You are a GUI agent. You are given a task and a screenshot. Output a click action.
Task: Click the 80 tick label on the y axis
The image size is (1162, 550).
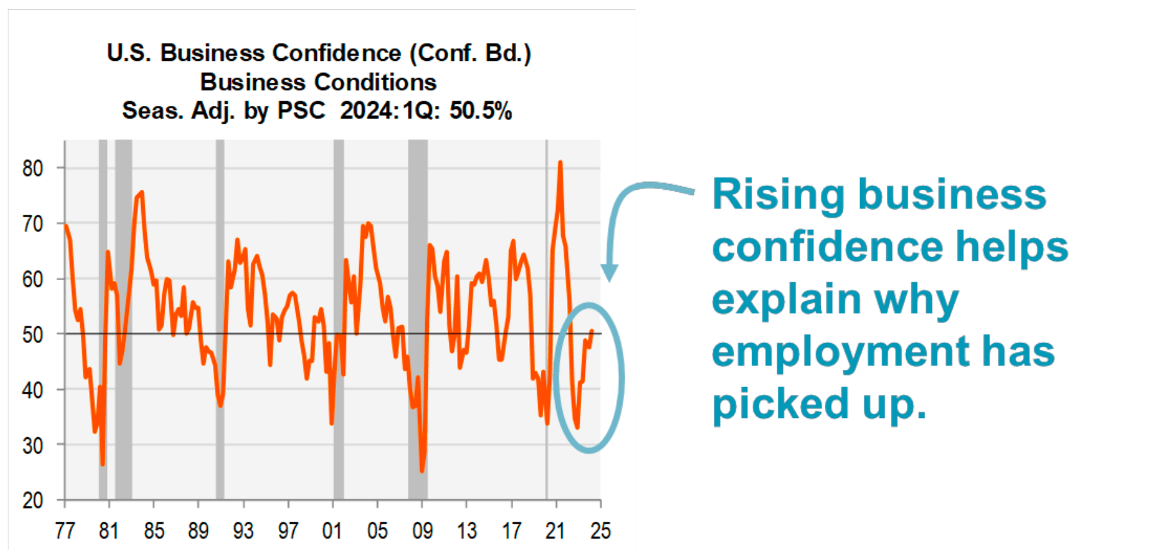click(x=33, y=169)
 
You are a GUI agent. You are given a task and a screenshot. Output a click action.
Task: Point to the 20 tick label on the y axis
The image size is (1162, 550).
click(x=33, y=501)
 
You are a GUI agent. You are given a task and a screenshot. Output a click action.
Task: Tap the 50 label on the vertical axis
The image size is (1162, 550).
click(x=33, y=335)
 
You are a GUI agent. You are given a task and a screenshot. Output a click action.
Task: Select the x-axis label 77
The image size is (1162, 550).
click(x=65, y=531)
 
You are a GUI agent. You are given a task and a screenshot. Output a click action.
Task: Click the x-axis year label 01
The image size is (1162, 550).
click(x=332, y=531)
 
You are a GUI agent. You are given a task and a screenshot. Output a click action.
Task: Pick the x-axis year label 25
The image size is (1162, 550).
click(x=600, y=531)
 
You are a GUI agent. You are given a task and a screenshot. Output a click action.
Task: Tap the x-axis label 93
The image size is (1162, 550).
click(x=243, y=531)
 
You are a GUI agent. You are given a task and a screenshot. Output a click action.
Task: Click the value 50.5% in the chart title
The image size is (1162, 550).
click(x=480, y=111)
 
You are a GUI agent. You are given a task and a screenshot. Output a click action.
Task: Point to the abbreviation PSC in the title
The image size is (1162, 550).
click(x=301, y=111)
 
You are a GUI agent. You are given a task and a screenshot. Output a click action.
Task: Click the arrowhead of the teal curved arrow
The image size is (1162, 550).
click(x=609, y=274)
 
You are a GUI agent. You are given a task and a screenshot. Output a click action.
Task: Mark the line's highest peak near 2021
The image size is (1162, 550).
click(x=560, y=163)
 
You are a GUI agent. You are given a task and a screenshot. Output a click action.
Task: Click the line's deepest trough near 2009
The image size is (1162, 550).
click(x=422, y=471)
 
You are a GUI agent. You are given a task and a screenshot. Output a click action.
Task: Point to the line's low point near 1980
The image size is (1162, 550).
click(x=103, y=463)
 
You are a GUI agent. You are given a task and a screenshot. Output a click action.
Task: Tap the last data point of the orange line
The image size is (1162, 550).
click(x=591, y=331)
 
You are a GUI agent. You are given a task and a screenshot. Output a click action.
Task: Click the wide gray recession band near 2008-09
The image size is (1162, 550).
click(x=417, y=321)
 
